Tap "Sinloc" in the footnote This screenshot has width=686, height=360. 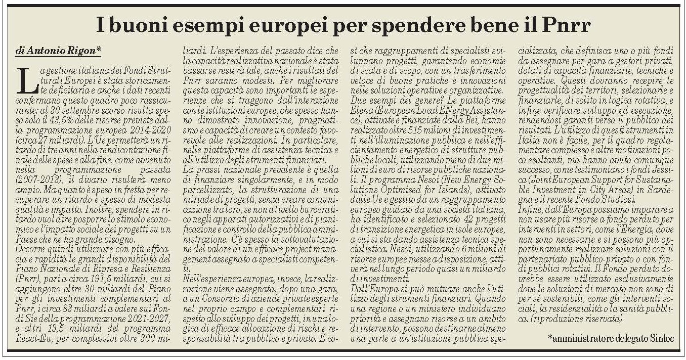pyautogui.click(x=660, y=338)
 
